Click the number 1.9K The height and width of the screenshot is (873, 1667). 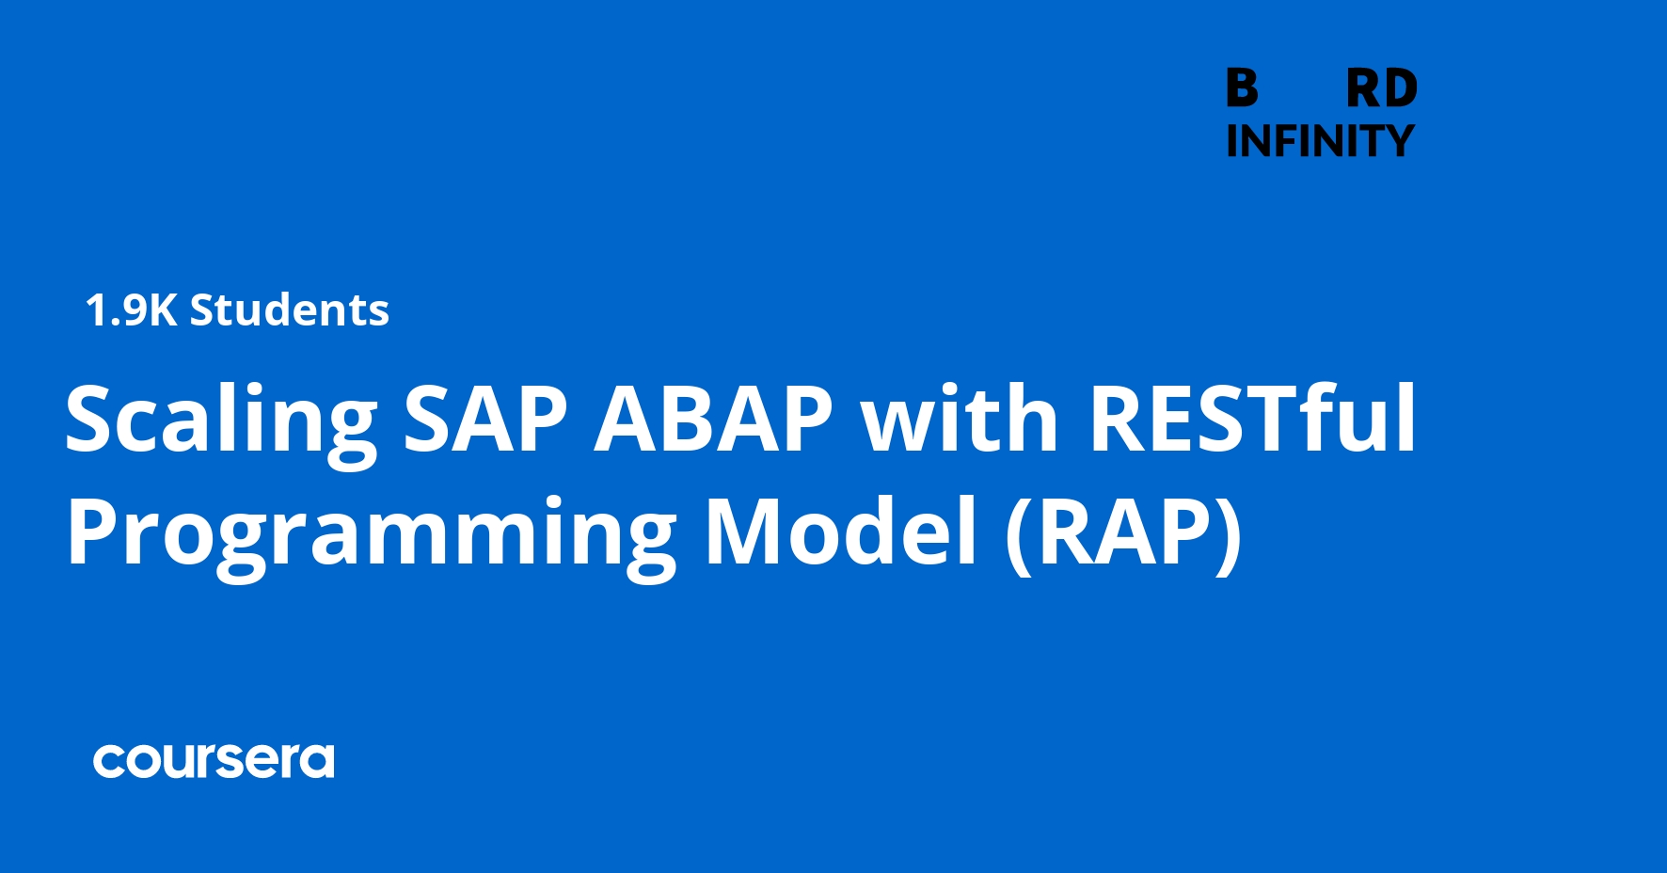pos(131,310)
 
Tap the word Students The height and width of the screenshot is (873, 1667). pos(290,310)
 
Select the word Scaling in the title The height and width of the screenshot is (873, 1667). pos(221,421)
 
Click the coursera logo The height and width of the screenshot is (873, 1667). pos(214,761)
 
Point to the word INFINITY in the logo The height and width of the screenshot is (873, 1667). pos(1320,141)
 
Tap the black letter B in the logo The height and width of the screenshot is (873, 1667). pos(1242,88)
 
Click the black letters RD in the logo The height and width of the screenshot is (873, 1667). pos(1381,89)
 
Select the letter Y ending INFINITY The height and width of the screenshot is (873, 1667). pos(1396,141)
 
